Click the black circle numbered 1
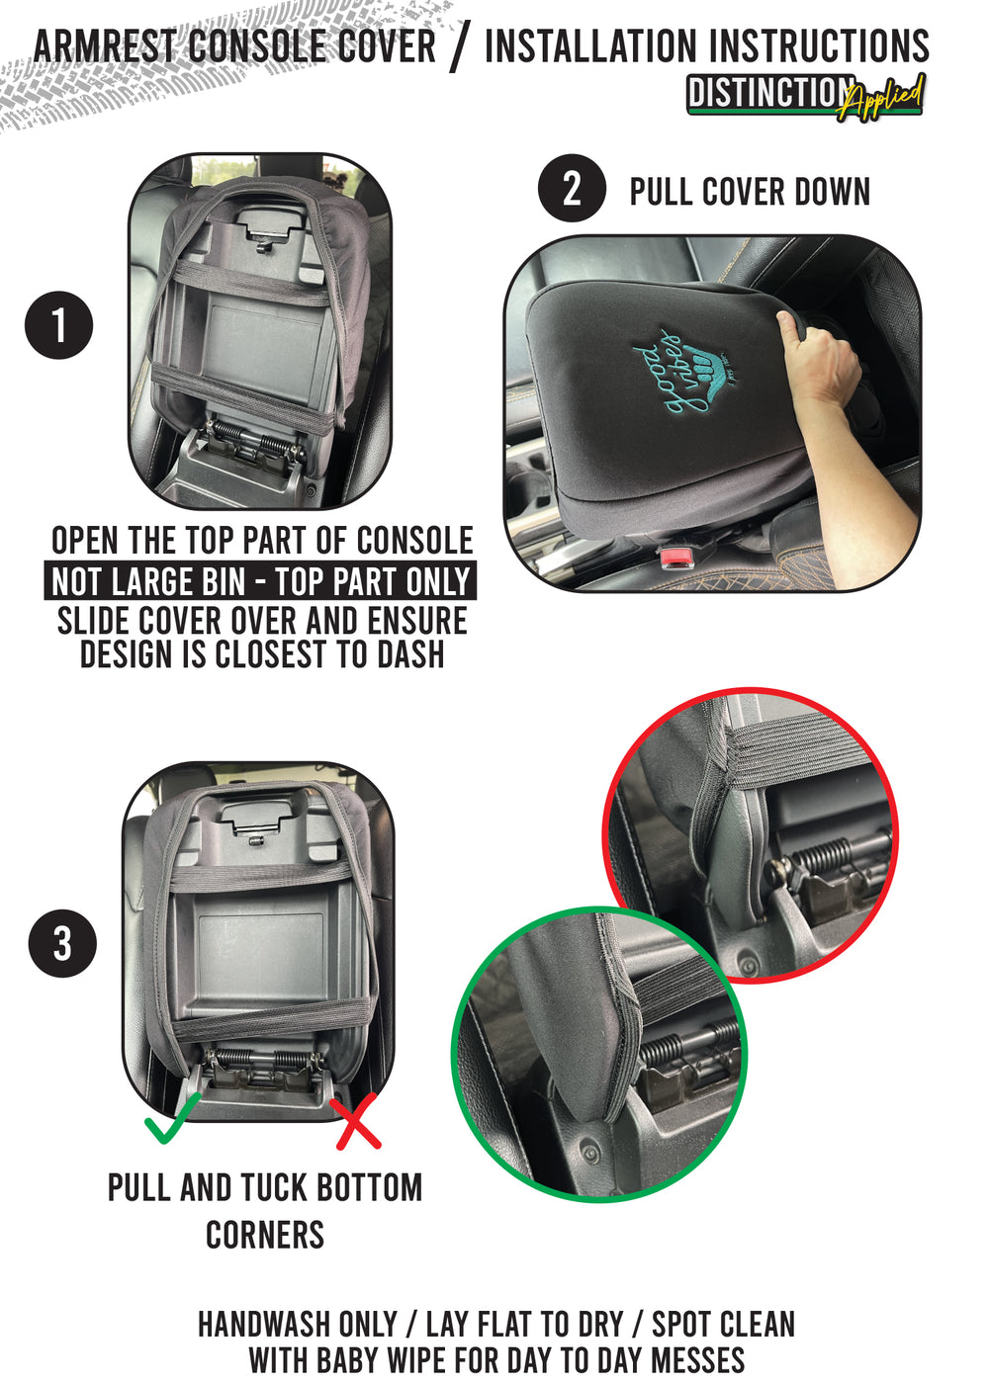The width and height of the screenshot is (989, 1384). (x=58, y=325)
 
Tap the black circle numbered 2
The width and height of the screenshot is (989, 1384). (x=572, y=188)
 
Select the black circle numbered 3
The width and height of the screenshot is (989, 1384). (x=62, y=943)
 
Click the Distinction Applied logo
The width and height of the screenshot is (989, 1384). (x=805, y=96)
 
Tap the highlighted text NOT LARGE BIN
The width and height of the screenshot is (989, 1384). (x=148, y=581)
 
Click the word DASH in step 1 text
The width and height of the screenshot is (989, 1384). (x=410, y=654)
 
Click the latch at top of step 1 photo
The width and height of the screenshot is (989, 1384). (x=269, y=230)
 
